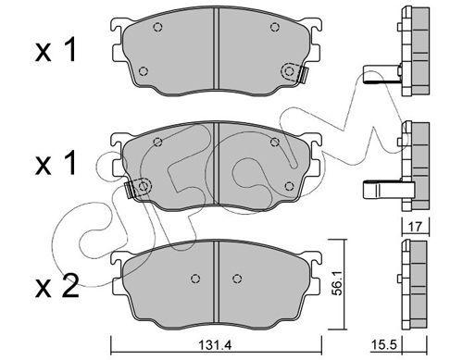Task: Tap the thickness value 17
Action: coord(416,227)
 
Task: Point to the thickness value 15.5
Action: coord(383,344)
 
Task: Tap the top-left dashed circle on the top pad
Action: coord(157,27)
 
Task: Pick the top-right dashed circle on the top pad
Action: coord(274,27)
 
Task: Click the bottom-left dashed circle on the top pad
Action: coord(143,71)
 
